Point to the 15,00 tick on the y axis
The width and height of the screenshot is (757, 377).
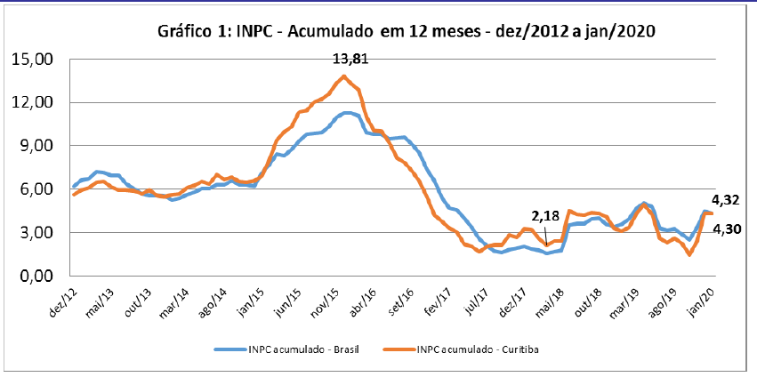pos(31,60)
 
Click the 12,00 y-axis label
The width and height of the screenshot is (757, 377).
pos(31,103)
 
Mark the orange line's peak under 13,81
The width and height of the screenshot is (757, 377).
pos(344,76)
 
